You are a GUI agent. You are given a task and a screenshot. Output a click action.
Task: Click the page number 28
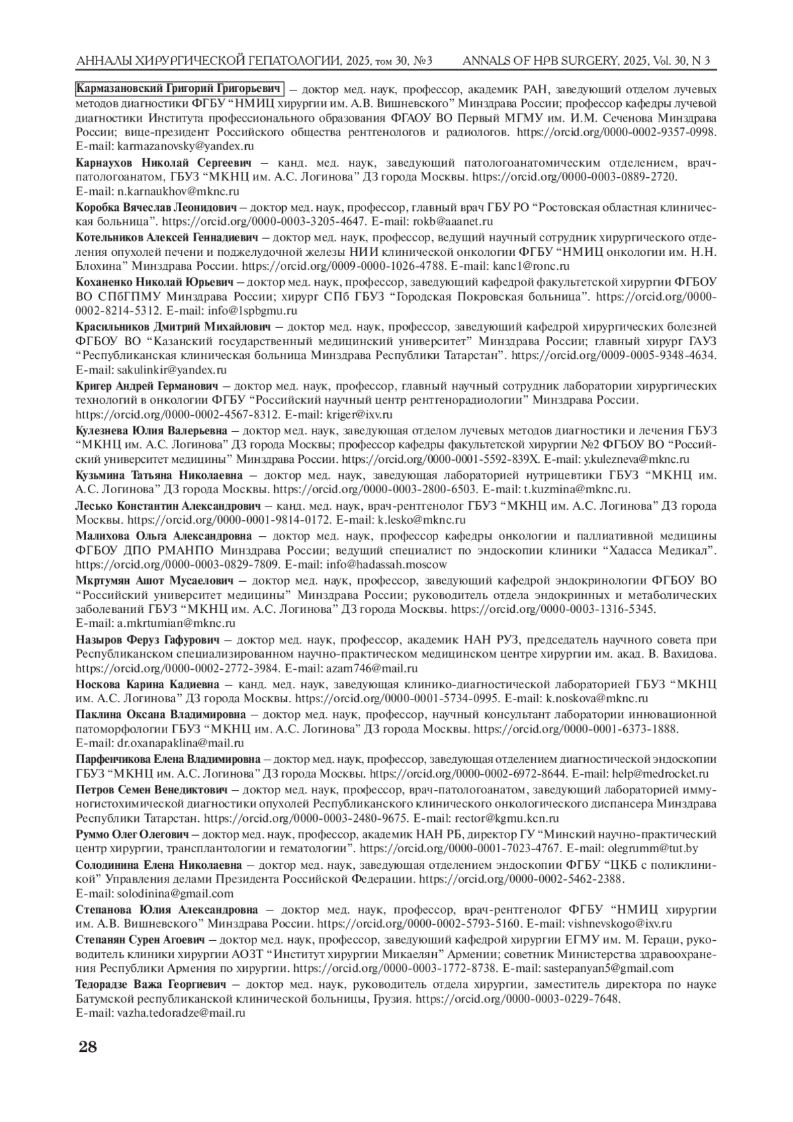click(x=88, y=1047)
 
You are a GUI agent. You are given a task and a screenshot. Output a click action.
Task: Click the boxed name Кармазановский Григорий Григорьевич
click(x=180, y=89)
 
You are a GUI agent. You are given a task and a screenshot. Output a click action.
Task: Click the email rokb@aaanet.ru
click(x=451, y=222)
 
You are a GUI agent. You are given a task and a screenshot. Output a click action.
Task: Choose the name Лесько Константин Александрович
click(x=170, y=506)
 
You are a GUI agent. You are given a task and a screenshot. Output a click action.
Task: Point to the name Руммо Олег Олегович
click(x=132, y=833)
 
